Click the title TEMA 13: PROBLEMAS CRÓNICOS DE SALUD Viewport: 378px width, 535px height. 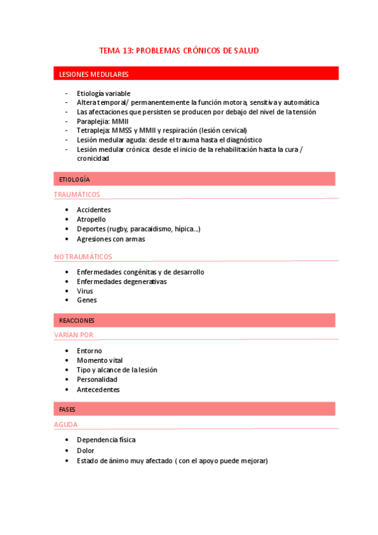pos(179,50)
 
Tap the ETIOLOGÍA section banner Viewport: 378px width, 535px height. pos(74,180)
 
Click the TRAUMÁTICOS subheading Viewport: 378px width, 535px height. pos(77,194)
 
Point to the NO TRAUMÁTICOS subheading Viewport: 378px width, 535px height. pos(83,257)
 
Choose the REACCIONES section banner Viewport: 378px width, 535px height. pos(76,321)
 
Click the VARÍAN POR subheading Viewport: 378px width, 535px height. pos(74,335)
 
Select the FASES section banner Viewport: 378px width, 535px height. pos(67,409)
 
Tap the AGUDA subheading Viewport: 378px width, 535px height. pos(66,425)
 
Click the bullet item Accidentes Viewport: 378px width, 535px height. pos(93,209)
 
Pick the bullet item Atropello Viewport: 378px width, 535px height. pos(91,220)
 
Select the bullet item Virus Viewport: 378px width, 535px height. pos(85,291)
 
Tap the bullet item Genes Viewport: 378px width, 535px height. pos(86,300)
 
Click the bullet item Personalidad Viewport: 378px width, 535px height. pos(97,380)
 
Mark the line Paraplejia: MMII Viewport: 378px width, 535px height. pos(102,121)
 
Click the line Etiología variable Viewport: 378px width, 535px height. pos(103,93)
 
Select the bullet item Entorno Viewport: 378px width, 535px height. pos(89,351)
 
